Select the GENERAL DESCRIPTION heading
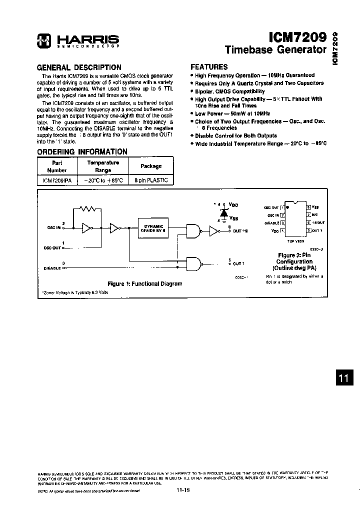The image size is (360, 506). [x=79, y=67]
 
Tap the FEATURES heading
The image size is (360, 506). [x=209, y=66]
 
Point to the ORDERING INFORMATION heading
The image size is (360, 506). [x=82, y=151]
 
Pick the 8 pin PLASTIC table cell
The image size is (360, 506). [x=151, y=180]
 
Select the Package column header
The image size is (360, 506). [x=151, y=166]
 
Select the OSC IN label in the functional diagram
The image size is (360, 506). [x=53, y=227]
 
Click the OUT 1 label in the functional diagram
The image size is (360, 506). [x=238, y=263]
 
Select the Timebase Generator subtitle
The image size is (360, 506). [x=275, y=49]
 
